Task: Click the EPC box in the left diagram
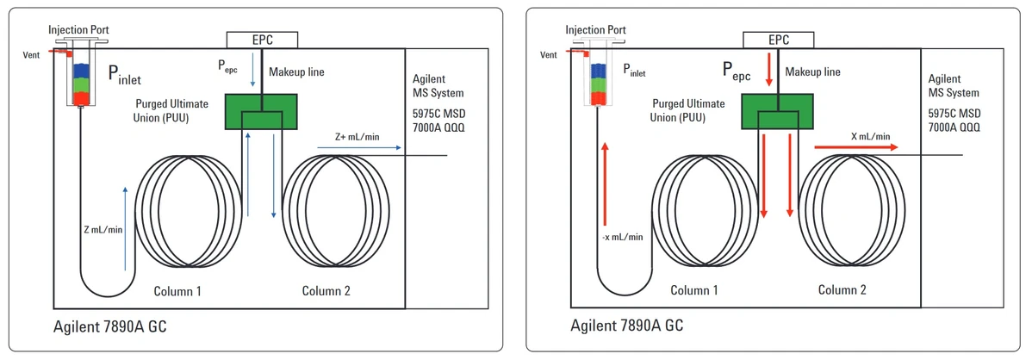coord(262,39)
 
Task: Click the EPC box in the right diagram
coord(779,39)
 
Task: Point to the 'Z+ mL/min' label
coord(357,137)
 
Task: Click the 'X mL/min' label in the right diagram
coord(870,136)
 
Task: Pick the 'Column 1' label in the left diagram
coord(177,291)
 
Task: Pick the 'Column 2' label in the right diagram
coord(842,291)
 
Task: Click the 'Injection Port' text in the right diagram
coord(596,30)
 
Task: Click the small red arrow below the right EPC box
coord(768,78)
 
